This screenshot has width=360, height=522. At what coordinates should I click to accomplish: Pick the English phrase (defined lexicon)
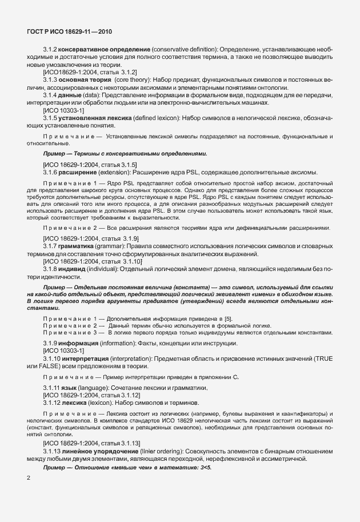pyautogui.click(x=154, y=117)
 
